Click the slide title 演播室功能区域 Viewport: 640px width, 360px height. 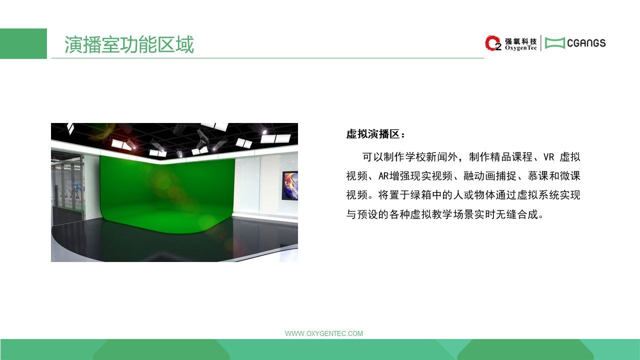point(129,44)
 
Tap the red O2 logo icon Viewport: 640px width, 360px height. point(493,43)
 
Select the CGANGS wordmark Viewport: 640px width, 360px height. point(586,43)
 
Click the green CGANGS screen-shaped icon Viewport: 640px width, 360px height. point(555,43)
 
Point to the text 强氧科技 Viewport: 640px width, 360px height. point(521,41)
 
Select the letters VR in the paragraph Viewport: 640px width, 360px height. point(548,157)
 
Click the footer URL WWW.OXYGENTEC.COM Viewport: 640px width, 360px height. point(324,333)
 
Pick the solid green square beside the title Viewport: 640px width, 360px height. point(23,43)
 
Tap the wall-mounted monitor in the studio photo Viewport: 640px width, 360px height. point(289,185)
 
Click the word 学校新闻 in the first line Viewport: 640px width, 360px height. point(426,157)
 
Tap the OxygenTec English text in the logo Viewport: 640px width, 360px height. point(521,48)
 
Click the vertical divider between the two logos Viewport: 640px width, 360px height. point(541,43)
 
